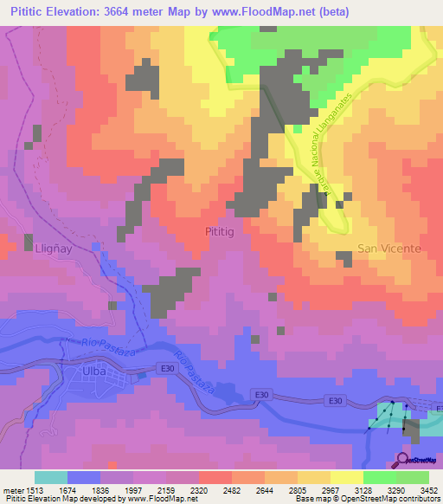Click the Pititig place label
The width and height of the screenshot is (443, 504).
[218, 233]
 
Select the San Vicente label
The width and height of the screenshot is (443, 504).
[388, 249]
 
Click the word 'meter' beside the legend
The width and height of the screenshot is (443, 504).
[11, 488]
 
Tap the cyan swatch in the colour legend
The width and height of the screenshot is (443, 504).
[51, 477]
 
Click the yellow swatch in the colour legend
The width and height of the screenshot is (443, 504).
[347, 477]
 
